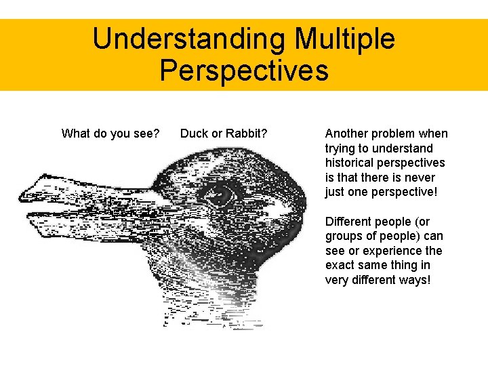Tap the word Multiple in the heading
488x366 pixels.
tap(344, 39)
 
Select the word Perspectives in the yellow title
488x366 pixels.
tap(244, 70)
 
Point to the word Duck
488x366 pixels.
tap(194, 134)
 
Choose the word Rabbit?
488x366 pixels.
tap(245, 134)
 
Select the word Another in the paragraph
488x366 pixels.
tap(346, 134)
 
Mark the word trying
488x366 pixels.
tap(341, 148)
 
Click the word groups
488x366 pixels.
tap(344, 237)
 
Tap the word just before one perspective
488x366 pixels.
tap(335, 192)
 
